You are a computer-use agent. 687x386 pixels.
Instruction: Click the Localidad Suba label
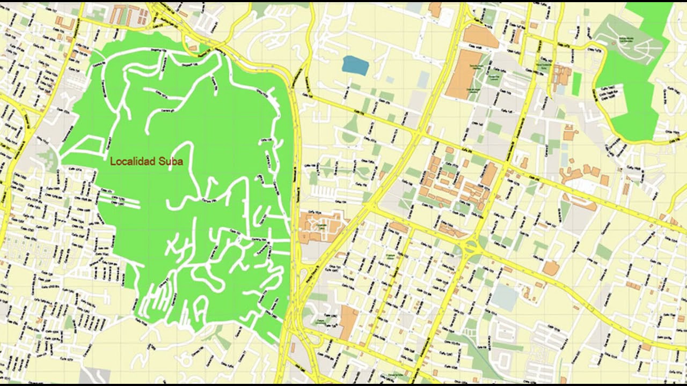(146, 161)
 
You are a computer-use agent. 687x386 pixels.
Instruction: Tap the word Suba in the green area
(171, 161)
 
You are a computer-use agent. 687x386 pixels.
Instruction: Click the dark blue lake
(355, 65)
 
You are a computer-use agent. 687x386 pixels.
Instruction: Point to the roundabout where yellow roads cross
(471, 247)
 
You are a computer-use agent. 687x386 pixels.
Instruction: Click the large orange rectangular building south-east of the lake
(461, 76)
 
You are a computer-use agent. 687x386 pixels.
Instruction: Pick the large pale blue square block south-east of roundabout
(505, 296)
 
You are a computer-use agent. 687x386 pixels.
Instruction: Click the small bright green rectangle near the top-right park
(576, 84)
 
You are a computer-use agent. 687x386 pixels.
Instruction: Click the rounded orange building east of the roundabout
(551, 268)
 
